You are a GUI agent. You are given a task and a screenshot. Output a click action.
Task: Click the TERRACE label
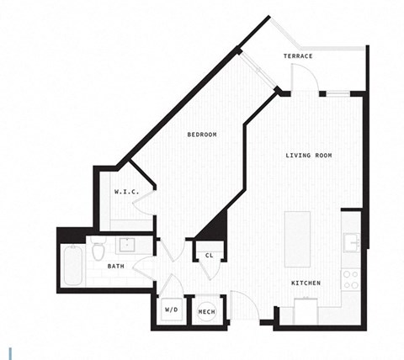coord(297,56)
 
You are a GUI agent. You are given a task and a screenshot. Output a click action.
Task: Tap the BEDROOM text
coord(202,135)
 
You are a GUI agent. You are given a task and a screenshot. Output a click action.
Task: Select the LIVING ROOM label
coord(308,155)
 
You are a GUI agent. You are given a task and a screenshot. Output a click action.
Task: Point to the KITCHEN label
coord(306,283)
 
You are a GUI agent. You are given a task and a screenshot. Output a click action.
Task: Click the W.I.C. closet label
coord(125,193)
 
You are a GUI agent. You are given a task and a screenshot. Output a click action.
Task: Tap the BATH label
coord(116,267)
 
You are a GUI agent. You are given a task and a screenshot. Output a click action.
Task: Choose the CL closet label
coord(208,255)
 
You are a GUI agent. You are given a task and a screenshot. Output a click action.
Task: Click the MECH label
coord(206,311)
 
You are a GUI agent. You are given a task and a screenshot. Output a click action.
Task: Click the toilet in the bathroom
coord(98,250)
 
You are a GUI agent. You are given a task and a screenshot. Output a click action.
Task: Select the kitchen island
coord(297,238)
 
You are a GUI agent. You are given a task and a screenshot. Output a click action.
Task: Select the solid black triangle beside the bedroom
coord(214,225)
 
